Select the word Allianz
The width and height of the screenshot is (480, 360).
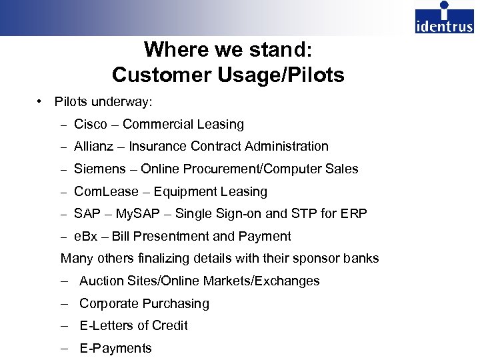[x=96, y=146]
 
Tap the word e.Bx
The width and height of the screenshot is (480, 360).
[x=86, y=237]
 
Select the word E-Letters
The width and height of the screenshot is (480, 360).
[x=106, y=325]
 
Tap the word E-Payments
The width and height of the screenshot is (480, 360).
[x=115, y=348]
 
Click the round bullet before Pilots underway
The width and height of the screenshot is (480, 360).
[x=41, y=101]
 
